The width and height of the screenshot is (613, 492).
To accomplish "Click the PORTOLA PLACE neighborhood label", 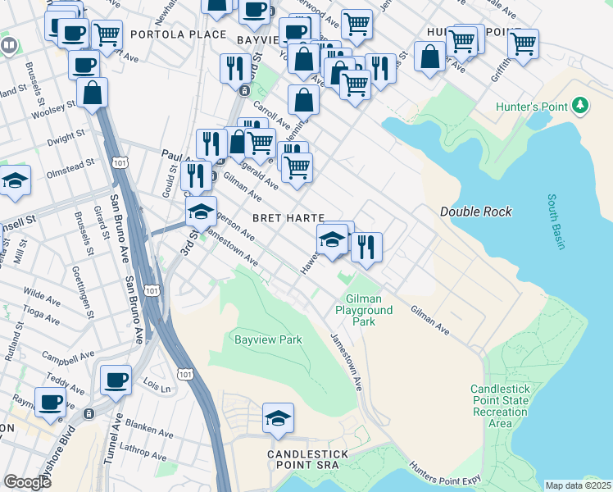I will tap(177, 34).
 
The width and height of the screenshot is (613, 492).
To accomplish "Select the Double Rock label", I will tap(475, 212).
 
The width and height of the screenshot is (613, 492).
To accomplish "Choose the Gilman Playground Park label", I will tap(363, 311).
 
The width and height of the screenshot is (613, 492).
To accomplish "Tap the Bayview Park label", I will tap(268, 339).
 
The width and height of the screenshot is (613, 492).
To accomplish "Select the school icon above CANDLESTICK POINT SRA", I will tap(278, 418).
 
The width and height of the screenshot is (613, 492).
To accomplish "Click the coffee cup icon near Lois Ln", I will tap(116, 380).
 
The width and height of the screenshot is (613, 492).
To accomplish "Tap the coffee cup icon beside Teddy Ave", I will tap(51, 402).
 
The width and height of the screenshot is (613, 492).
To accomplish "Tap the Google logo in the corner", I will tap(27, 482).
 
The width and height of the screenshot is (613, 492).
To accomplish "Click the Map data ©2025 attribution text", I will tap(577, 485).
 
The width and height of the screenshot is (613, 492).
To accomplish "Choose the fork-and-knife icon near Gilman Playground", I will tap(366, 246).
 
